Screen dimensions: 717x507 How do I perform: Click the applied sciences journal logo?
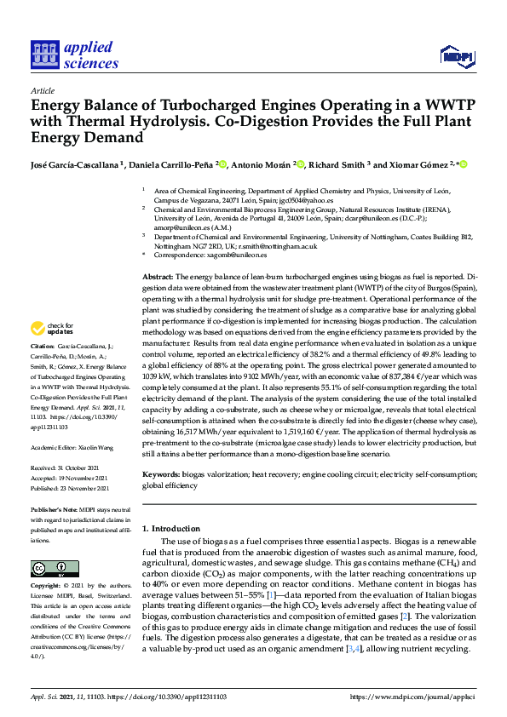pos(74,54)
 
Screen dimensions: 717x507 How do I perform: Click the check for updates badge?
pos(52,328)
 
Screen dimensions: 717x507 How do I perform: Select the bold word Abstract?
pos(157,278)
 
